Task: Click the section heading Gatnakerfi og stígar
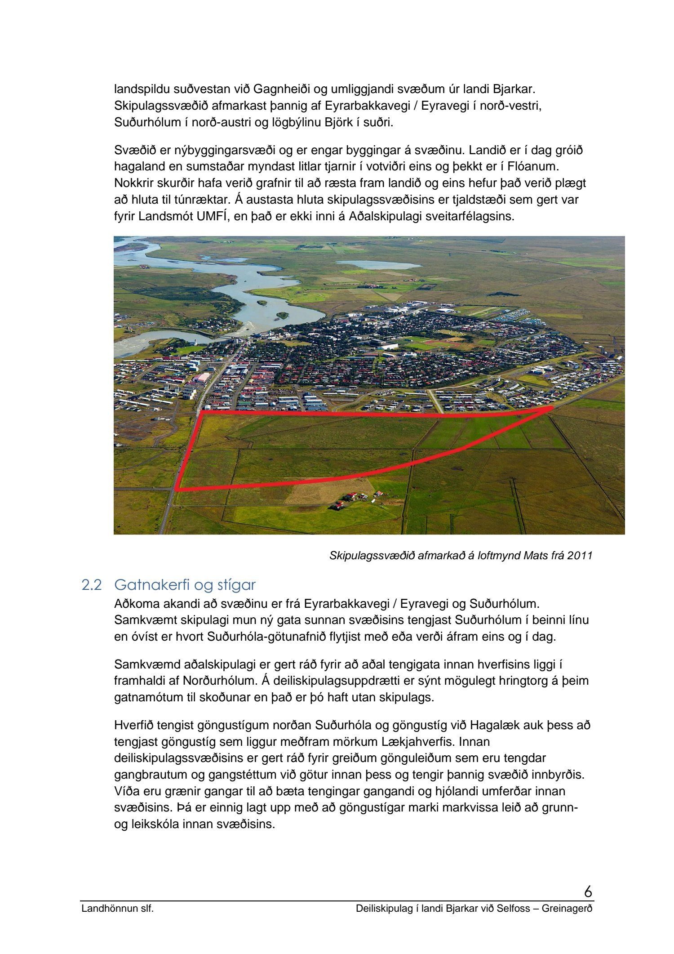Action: [185, 585]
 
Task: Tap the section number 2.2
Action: [92, 585]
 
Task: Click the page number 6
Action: [588, 891]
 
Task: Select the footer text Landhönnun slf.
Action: [117, 909]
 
